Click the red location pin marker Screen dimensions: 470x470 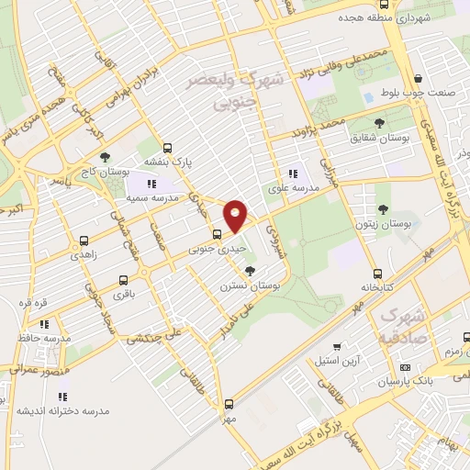click(236, 215)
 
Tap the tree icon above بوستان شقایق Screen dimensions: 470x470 click(380, 122)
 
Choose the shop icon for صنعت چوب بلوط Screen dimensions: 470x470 click(419, 79)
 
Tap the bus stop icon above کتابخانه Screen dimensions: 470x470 click(377, 274)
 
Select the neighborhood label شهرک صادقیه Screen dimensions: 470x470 click(401, 325)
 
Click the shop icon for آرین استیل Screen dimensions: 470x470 click(338, 347)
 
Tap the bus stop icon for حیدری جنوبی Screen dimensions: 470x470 click(217, 233)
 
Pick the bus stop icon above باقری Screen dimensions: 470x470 click(122, 281)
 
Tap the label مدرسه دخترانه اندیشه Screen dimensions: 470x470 click(62, 410)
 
